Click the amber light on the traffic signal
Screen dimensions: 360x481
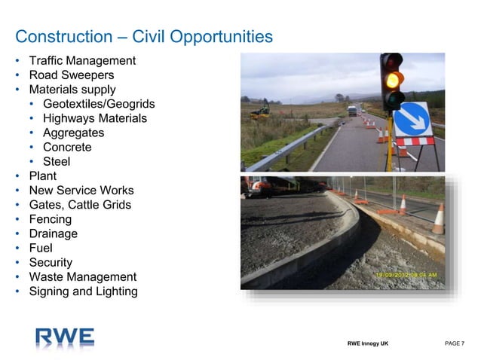click(x=391, y=79)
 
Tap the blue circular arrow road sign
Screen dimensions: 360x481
click(x=412, y=118)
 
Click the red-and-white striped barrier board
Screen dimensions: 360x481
click(x=415, y=141)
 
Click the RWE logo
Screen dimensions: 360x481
click(x=65, y=336)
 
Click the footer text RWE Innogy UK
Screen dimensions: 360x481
click(x=369, y=343)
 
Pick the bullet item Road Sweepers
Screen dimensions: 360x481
click(x=71, y=75)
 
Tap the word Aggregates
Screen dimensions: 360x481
click(x=73, y=133)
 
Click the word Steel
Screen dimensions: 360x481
click(x=57, y=161)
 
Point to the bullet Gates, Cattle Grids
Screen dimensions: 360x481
click(x=80, y=205)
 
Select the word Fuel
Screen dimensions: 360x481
click(x=41, y=248)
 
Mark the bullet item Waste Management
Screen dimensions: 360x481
click(x=82, y=276)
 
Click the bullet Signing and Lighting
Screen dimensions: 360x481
click(x=83, y=291)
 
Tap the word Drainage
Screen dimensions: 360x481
click(x=53, y=233)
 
